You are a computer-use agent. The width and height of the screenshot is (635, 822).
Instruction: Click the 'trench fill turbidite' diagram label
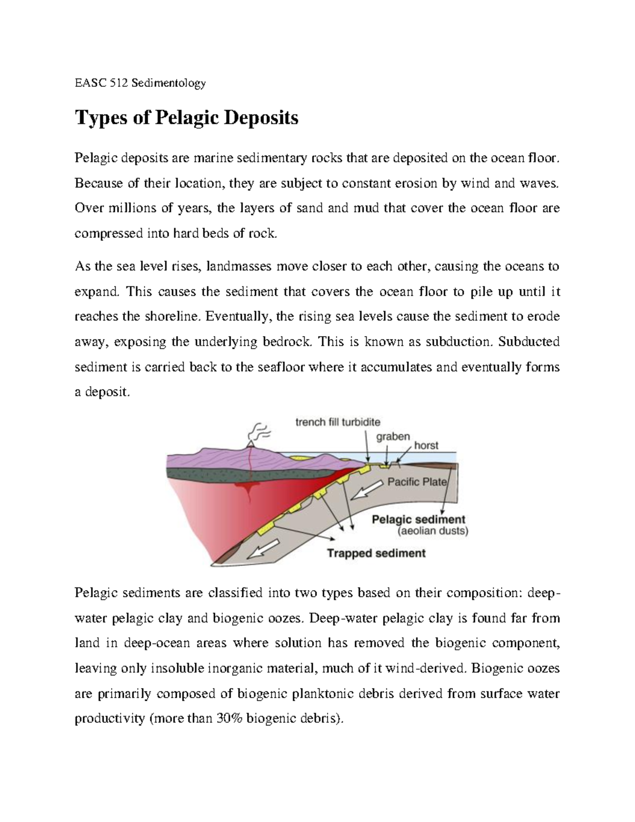tap(337, 422)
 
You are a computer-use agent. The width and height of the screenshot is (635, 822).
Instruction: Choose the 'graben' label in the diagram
tap(393, 437)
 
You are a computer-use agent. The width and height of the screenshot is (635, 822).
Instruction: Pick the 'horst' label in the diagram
tap(426, 446)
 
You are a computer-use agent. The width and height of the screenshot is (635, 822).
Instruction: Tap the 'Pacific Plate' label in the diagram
tap(418, 482)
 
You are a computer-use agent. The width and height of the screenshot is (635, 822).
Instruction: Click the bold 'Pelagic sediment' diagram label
tap(419, 519)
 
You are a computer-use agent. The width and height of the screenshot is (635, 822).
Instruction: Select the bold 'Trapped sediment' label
tap(376, 554)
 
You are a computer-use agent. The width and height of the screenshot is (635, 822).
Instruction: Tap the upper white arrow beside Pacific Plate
tap(367, 490)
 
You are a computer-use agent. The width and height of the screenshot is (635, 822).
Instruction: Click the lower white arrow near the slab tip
tap(263, 552)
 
